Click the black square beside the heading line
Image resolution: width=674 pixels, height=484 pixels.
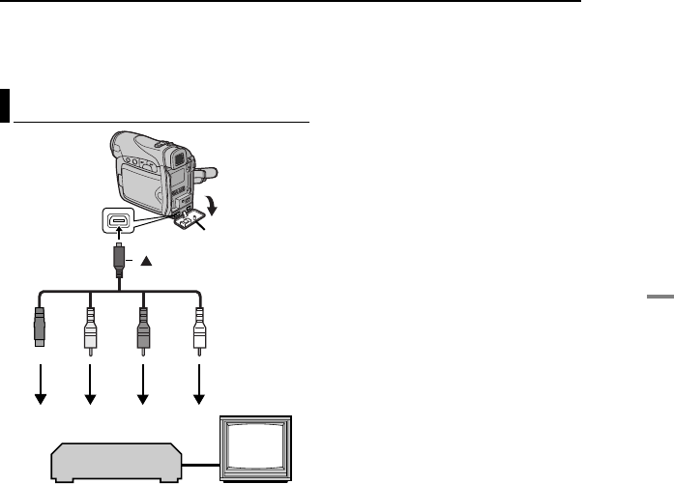5,106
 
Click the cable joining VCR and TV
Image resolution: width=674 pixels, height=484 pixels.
203,467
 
